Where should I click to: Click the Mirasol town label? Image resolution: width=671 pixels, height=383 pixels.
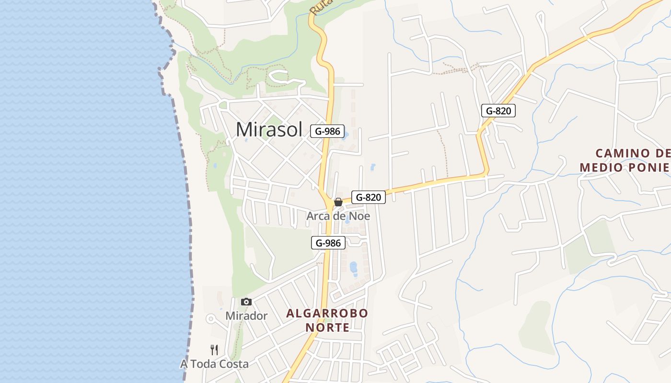269,129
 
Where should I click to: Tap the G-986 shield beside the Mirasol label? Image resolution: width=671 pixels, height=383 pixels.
327,131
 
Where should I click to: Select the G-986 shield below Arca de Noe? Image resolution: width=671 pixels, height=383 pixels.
328,243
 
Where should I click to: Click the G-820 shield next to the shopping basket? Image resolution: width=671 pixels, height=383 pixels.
369,197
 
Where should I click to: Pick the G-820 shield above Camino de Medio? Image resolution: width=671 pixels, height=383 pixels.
498,111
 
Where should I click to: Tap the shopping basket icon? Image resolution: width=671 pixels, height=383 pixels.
338,202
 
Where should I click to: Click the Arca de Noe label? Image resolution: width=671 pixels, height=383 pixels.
338,216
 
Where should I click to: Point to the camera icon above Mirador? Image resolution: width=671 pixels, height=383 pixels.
246,302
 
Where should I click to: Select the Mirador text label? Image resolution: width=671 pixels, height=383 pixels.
246,316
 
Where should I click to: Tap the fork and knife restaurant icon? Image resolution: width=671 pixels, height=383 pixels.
214,350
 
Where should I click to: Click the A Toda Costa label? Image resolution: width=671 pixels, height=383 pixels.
214,364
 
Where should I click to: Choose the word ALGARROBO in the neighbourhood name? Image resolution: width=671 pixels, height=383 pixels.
327,314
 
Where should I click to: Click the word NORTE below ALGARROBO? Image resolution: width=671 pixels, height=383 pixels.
327,328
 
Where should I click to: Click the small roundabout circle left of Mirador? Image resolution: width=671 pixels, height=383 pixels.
210,318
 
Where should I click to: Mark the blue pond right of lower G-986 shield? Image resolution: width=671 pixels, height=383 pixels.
354,268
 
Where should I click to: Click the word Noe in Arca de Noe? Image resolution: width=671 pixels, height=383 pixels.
360,216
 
